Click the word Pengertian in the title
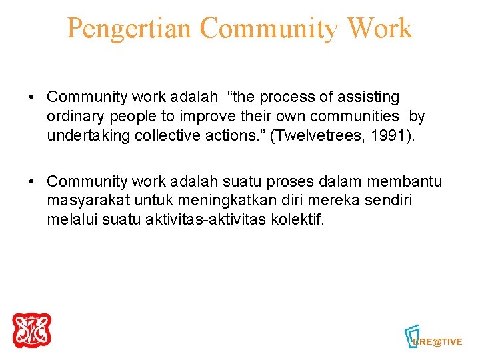click(x=129, y=28)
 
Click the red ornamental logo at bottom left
click(x=31, y=331)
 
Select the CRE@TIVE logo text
click(x=438, y=341)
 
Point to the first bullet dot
click(x=31, y=97)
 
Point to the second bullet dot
click(x=31, y=181)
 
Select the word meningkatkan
click(x=218, y=201)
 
